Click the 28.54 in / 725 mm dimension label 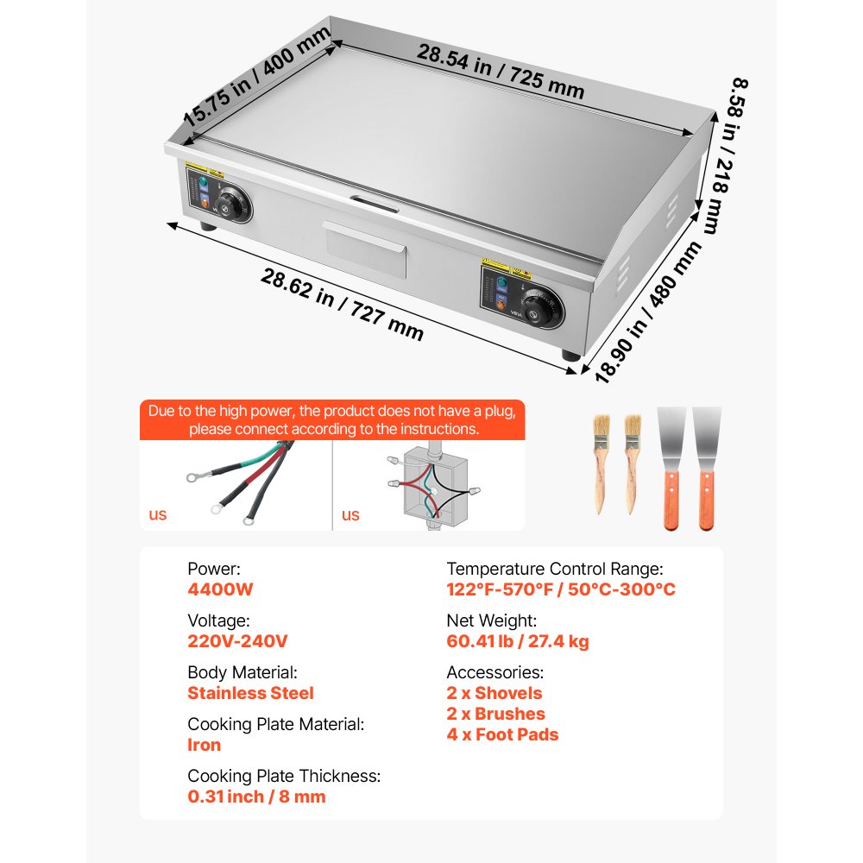click(x=500, y=72)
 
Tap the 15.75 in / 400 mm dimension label click(x=256, y=77)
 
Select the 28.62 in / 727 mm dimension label click(x=342, y=305)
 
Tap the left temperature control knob click(x=233, y=204)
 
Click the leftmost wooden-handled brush click(x=601, y=463)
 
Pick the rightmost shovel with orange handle click(x=707, y=468)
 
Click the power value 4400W click(x=220, y=589)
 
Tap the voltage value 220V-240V click(x=238, y=641)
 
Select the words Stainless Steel click(x=251, y=693)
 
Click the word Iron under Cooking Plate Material click(x=205, y=745)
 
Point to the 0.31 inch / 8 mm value click(x=256, y=797)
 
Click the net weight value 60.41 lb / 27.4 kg click(x=518, y=641)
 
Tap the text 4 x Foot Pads click(x=502, y=734)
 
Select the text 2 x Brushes click(x=496, y=714)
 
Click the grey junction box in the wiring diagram click(x=435, y=484)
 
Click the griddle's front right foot click(x=570, y=355)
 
